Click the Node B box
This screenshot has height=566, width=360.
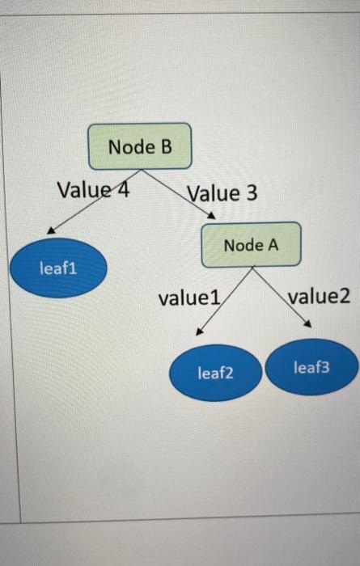[x=140, y=146]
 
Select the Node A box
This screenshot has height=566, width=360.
[x=251, y=244]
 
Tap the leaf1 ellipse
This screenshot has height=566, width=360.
[x=58, y=268]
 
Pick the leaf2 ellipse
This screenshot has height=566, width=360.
[x=215, y=373]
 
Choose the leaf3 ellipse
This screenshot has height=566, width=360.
[x=311, y=367]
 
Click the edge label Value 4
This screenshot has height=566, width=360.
[x=94, y=191]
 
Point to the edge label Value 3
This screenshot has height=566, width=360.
[x=222, y=193]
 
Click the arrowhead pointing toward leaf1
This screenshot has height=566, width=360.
[x=50, y=230]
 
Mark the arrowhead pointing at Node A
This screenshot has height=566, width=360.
[x=211, y=216]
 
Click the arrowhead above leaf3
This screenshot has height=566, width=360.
[x=307, y=325]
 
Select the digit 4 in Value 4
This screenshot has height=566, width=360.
[x=124, y=191]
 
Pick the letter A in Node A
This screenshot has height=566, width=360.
[x=273, y=244]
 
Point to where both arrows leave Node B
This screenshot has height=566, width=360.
[x=142, y=171]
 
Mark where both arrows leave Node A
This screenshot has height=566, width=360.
[x=252, y=268]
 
